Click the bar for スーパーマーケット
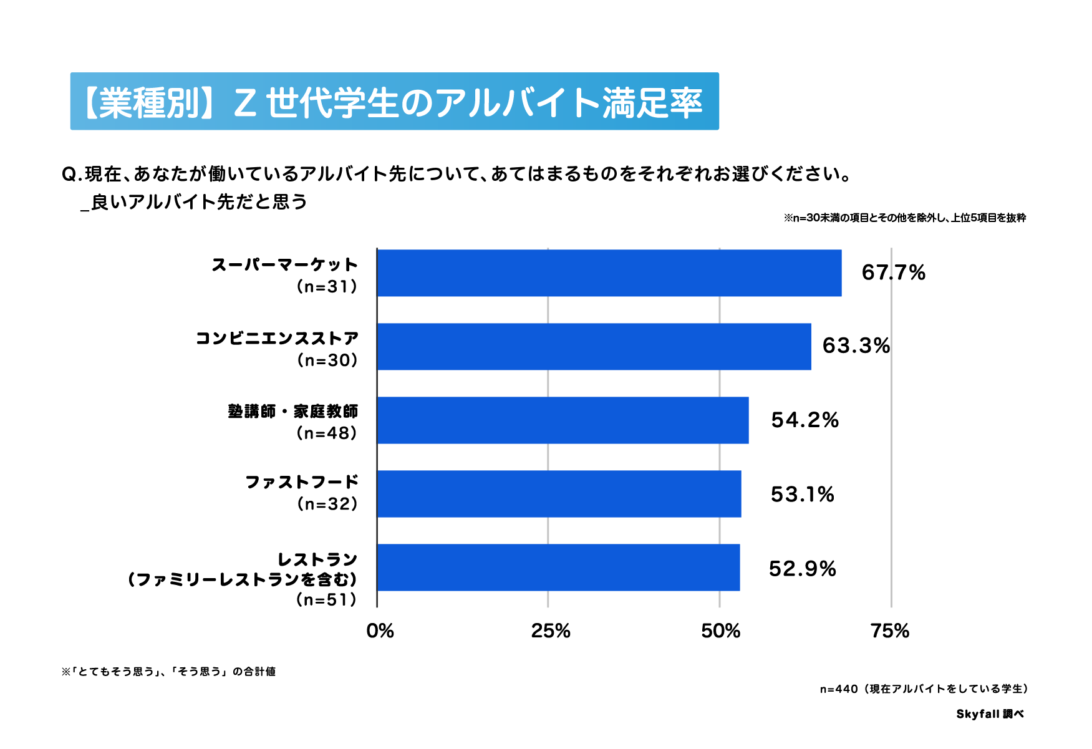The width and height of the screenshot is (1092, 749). click(609, 273)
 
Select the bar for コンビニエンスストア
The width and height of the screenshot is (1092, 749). click(594, 347)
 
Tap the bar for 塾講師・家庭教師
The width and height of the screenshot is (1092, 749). click(563, 420)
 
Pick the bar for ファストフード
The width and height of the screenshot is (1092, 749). click(559, 494)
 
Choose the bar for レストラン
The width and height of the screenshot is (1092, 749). click(558, 568)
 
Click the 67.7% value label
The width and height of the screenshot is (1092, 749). click(893, 273)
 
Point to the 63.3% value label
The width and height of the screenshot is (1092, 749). click(856, 346)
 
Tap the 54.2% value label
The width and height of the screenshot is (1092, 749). click(805, 420)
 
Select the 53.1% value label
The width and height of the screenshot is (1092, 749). click(802, 494)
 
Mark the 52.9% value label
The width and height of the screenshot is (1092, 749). click(802, 568)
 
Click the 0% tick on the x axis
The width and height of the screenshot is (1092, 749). click(380, 631)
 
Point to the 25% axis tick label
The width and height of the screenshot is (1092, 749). click(550, 631)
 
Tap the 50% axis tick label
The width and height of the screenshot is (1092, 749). click(720, 631)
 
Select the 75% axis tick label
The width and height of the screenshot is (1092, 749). click(890, 631)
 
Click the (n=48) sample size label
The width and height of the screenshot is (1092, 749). click(327, 433)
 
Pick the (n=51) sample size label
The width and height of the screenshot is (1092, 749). click(327, 599)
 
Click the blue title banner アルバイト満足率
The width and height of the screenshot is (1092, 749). click(394, 102)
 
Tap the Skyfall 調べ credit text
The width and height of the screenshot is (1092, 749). click(990, 714)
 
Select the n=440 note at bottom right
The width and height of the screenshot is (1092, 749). click(924, 689)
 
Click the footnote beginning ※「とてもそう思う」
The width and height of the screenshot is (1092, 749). click(168, 672)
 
